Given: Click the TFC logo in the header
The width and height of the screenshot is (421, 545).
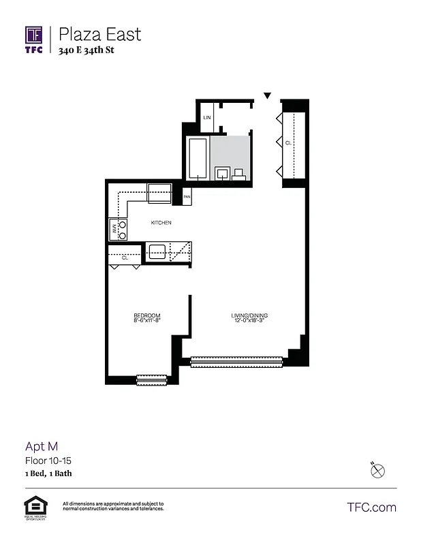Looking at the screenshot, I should [x=34, y=40].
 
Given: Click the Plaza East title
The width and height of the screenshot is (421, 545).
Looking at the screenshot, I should [x=100, y=34].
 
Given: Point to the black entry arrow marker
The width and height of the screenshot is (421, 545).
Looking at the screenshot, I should [x=268, y=96].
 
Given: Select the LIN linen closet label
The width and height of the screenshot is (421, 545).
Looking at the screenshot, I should [x=207, y=118].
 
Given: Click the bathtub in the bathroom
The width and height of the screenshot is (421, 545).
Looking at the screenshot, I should [x=198, y=158].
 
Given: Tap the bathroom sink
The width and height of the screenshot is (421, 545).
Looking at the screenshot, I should [x=222, y=173].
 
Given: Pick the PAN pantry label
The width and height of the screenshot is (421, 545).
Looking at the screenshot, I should [x=187, y=198].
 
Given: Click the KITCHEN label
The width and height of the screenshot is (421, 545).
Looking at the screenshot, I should [x=161, y=223].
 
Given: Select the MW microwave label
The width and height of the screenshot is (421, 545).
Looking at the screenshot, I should [x=113, y=230].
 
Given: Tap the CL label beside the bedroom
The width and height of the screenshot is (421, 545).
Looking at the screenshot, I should [x=125, y=258].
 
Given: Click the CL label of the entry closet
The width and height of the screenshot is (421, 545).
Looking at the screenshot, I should [x=289, y=142].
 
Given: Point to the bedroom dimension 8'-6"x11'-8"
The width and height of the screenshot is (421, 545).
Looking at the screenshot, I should [x=146, y=321].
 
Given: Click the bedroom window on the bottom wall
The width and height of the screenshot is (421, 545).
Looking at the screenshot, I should [x=151, y=379].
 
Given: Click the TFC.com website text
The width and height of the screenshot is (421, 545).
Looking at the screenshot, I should [x=371, y=508].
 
